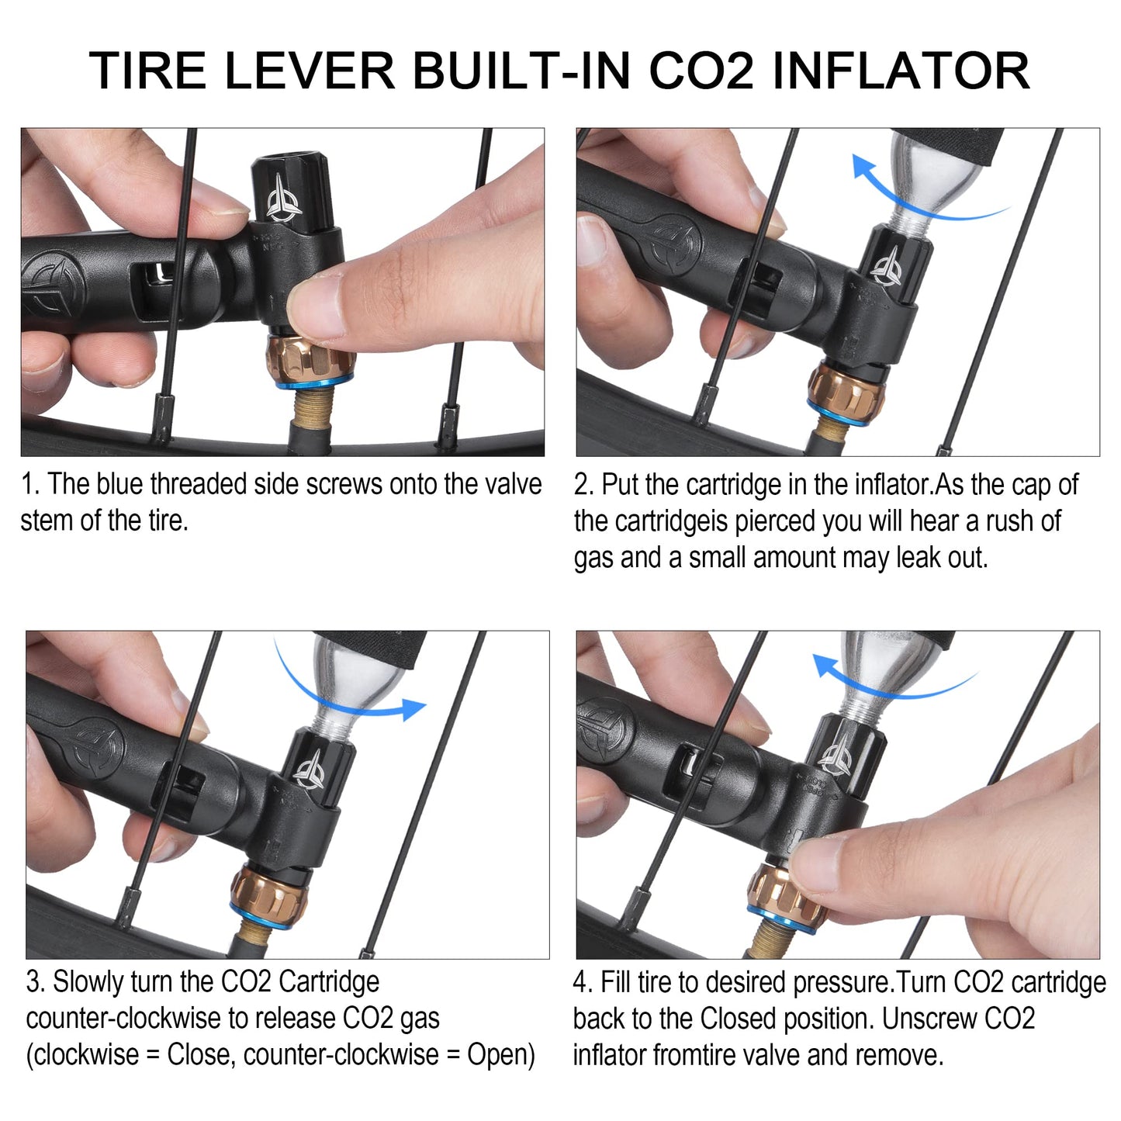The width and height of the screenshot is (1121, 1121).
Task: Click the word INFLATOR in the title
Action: [901, 71]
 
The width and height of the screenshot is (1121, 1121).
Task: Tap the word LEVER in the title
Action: [309, 71]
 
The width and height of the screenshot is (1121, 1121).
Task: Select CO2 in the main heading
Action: [701, 71]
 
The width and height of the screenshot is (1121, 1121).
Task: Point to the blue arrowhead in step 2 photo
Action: [863, 166]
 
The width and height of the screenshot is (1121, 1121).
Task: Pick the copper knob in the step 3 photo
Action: [268, 891]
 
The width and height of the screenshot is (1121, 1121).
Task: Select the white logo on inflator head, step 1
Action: [284, 199]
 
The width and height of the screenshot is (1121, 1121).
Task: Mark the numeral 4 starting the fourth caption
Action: [580, 982]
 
